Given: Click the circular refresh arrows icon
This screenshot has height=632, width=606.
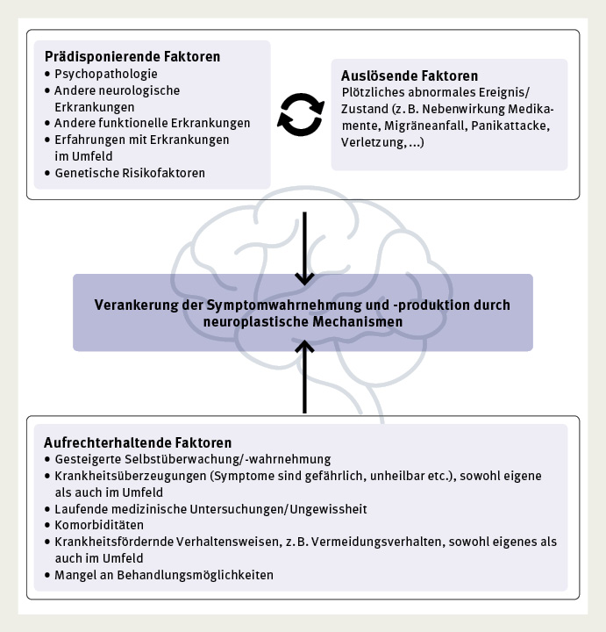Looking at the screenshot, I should coord(300,117).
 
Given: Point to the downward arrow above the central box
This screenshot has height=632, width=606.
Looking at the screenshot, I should coord(303,248).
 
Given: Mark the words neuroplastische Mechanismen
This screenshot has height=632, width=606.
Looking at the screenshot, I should coord(303,322).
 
